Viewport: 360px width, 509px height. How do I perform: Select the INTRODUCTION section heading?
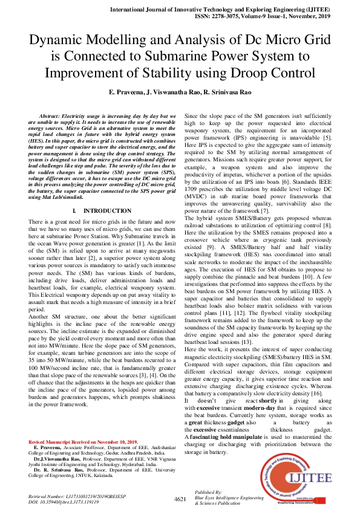(103, 210)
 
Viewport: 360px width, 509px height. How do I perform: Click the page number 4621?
(180, 499)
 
